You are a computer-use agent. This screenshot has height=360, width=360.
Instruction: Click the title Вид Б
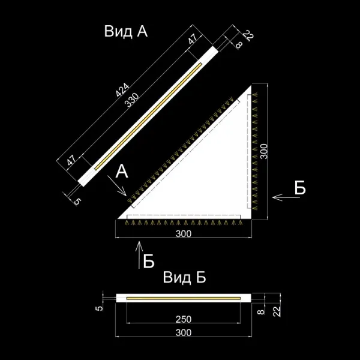[x=184, y=278]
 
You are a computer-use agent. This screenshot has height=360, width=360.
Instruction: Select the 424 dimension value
[x=123, y=91]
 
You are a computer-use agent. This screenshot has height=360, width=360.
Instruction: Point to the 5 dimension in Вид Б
[x=101, y=307]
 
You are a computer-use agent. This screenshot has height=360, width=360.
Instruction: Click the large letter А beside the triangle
[x=122, y=172]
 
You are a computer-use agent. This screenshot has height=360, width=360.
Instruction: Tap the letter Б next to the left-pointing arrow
[x=300, y=188]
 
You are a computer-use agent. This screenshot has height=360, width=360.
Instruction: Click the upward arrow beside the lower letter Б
[x=139, y=250]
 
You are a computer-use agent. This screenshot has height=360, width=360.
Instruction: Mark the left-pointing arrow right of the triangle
[x=280, y=196]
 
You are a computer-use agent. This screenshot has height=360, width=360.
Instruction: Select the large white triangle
[x=216, y=174]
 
